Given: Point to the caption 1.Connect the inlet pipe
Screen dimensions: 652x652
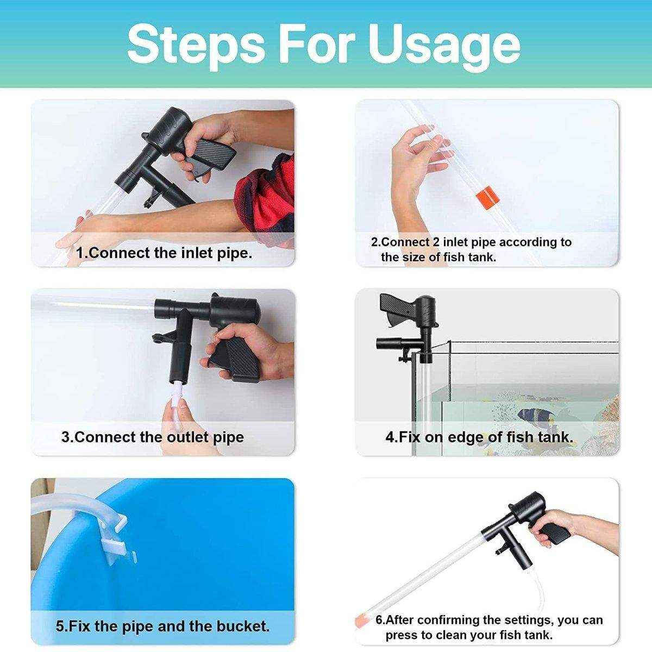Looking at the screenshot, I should tap(164, 253).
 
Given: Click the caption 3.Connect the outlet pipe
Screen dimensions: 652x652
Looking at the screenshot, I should tap(153, 437).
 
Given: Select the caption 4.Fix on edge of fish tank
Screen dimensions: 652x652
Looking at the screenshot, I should tap(480, 437).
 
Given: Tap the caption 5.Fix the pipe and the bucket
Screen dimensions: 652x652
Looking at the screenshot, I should tap(162, 626).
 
